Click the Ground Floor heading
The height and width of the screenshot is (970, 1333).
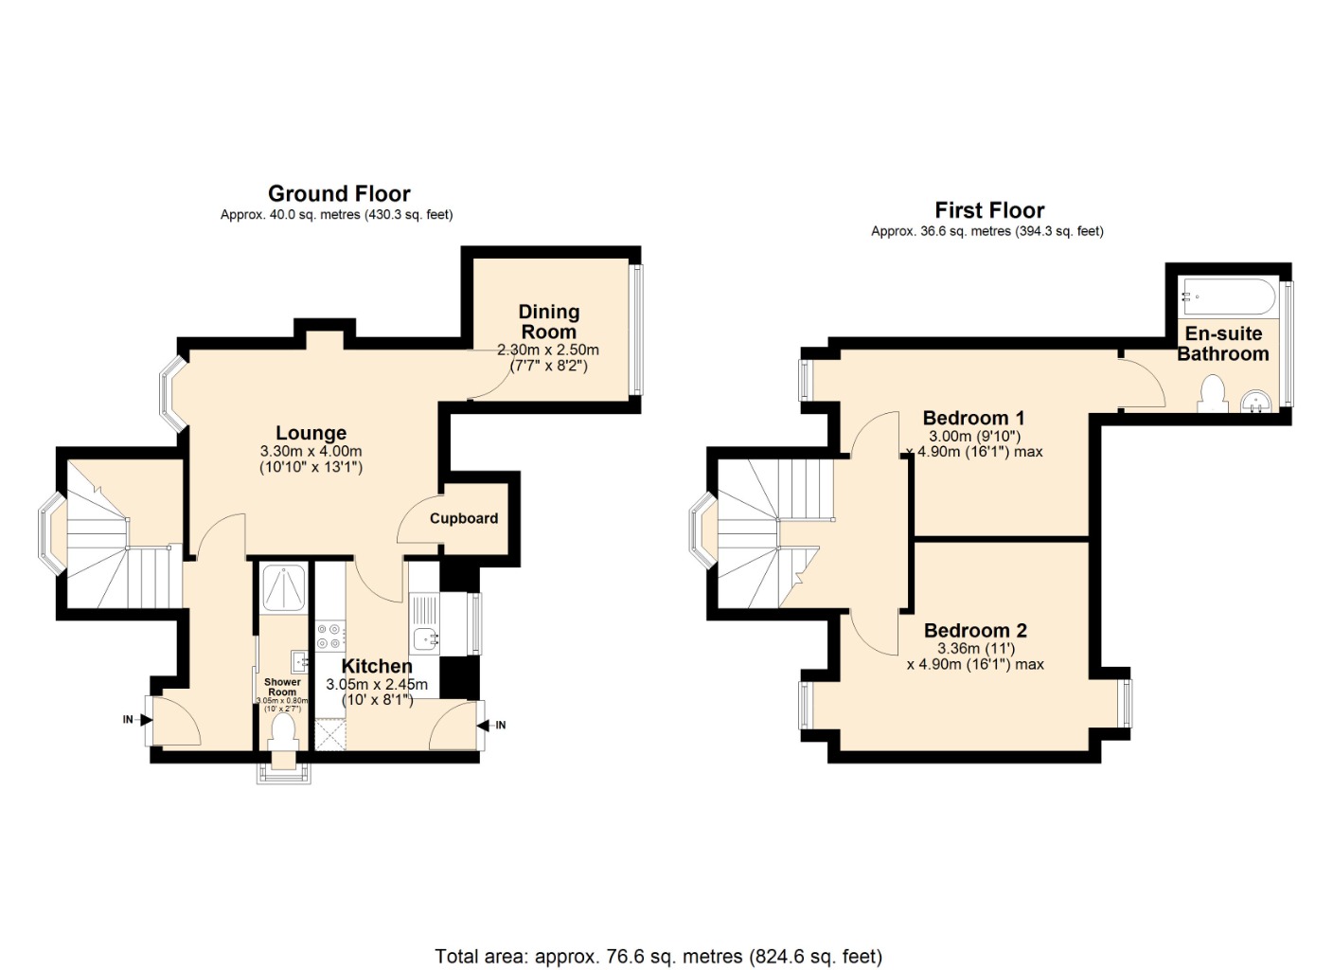(339, 193)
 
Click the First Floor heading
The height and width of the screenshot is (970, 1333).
(989, 210)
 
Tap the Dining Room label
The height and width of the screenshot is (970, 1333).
(549, 321)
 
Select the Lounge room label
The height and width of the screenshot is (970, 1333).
(311, 433)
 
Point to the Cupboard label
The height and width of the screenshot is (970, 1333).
(464, 519)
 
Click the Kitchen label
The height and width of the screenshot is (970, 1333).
(377, 666)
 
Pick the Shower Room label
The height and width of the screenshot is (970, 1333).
(282, 687)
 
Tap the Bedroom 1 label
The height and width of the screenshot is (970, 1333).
(973, 418)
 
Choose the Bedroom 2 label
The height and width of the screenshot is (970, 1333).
(975, 631)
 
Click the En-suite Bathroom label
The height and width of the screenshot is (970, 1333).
(1223, 344)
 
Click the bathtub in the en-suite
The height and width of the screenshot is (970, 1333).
(1229, 296)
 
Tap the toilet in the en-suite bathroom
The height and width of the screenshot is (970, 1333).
(1213, 394)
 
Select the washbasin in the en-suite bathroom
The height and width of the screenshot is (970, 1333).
(1256, 402)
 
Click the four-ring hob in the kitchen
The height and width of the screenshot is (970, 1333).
(329, 636)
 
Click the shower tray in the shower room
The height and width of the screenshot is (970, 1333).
(284, 588)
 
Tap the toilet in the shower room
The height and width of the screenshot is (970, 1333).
(283, 732)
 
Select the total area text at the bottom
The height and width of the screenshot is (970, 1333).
(659, 940)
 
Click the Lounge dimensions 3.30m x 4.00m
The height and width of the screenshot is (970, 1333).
(311, 451)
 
